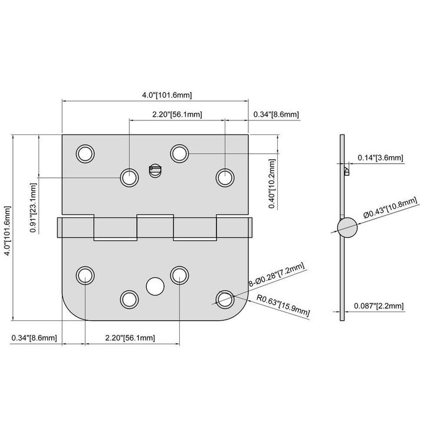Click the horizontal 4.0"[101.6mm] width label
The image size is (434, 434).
click(x=167, y=95)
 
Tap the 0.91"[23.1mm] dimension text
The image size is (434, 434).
click(x=33, y=208)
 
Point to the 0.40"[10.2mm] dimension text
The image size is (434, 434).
click(x=272, y=184)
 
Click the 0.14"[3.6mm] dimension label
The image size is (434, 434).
click(x=380, y=158)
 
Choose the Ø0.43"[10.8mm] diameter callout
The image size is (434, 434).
click(x=390, y=208)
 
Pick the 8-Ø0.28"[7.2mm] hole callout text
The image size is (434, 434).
click(x=276, y=275)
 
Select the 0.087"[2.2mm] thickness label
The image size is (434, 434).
click(x=379, y=306)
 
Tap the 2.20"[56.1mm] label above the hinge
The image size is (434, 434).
click(x=177, y=114)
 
